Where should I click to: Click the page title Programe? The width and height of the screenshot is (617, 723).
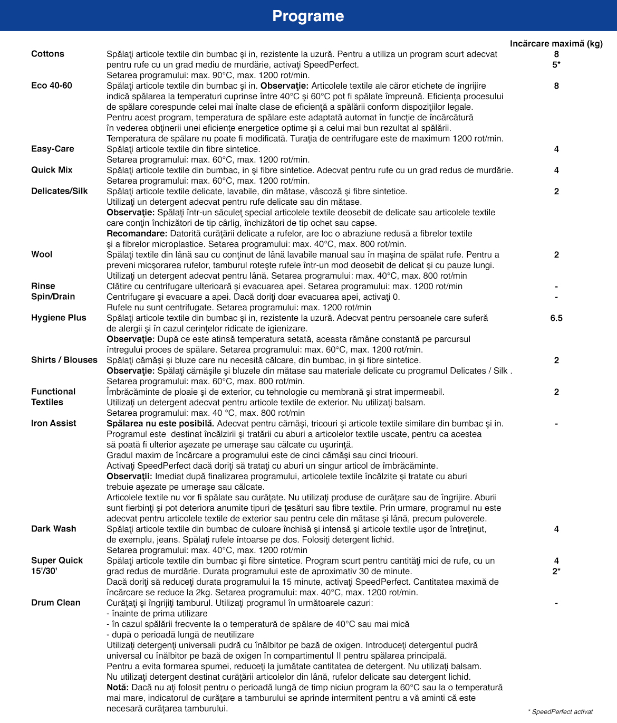[308, 16]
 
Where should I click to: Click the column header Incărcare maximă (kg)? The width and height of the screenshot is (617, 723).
[556, 43]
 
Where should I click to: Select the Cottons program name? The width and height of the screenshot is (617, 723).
[47, 54]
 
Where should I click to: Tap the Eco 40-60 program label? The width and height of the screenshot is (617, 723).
[52, 85]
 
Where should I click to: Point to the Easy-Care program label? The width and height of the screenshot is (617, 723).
[53, 149]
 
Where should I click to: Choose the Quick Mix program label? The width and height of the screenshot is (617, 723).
[52, 170]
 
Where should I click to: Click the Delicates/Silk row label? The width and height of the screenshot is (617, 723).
[60, 191]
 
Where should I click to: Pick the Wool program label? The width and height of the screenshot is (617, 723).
[42, 254]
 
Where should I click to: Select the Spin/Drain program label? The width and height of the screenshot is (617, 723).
[53, 297]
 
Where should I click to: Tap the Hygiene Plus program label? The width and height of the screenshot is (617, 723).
[59, 318]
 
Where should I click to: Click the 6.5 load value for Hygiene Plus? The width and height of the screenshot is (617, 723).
[556, 318]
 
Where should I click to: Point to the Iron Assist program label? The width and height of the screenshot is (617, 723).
[54, 423]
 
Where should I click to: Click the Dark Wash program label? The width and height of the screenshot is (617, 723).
[54, 529]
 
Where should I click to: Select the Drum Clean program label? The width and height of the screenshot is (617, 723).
[56, 603]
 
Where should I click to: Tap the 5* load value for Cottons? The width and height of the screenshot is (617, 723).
[556, 64]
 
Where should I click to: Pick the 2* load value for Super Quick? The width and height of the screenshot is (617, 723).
[556, 571]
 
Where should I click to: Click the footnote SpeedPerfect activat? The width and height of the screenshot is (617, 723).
[561, 711]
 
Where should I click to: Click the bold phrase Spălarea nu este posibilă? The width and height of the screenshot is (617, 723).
[160, 423]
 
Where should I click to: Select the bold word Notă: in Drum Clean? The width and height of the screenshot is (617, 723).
[118, 687]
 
